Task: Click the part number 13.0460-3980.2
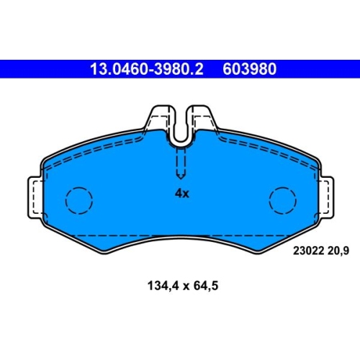coord(147,69)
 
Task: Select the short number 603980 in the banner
coord(250,69)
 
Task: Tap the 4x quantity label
coord(182,193)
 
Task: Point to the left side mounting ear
coord(36,197)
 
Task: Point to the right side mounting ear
coord(325,197)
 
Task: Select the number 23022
coord(307,251)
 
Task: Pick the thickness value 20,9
coord(338,251)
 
